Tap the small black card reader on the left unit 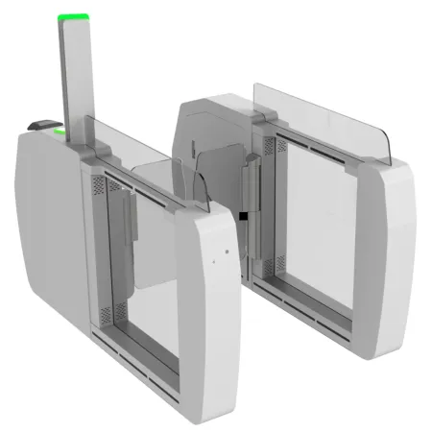coord(41,125)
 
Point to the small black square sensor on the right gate coord(246,217)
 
